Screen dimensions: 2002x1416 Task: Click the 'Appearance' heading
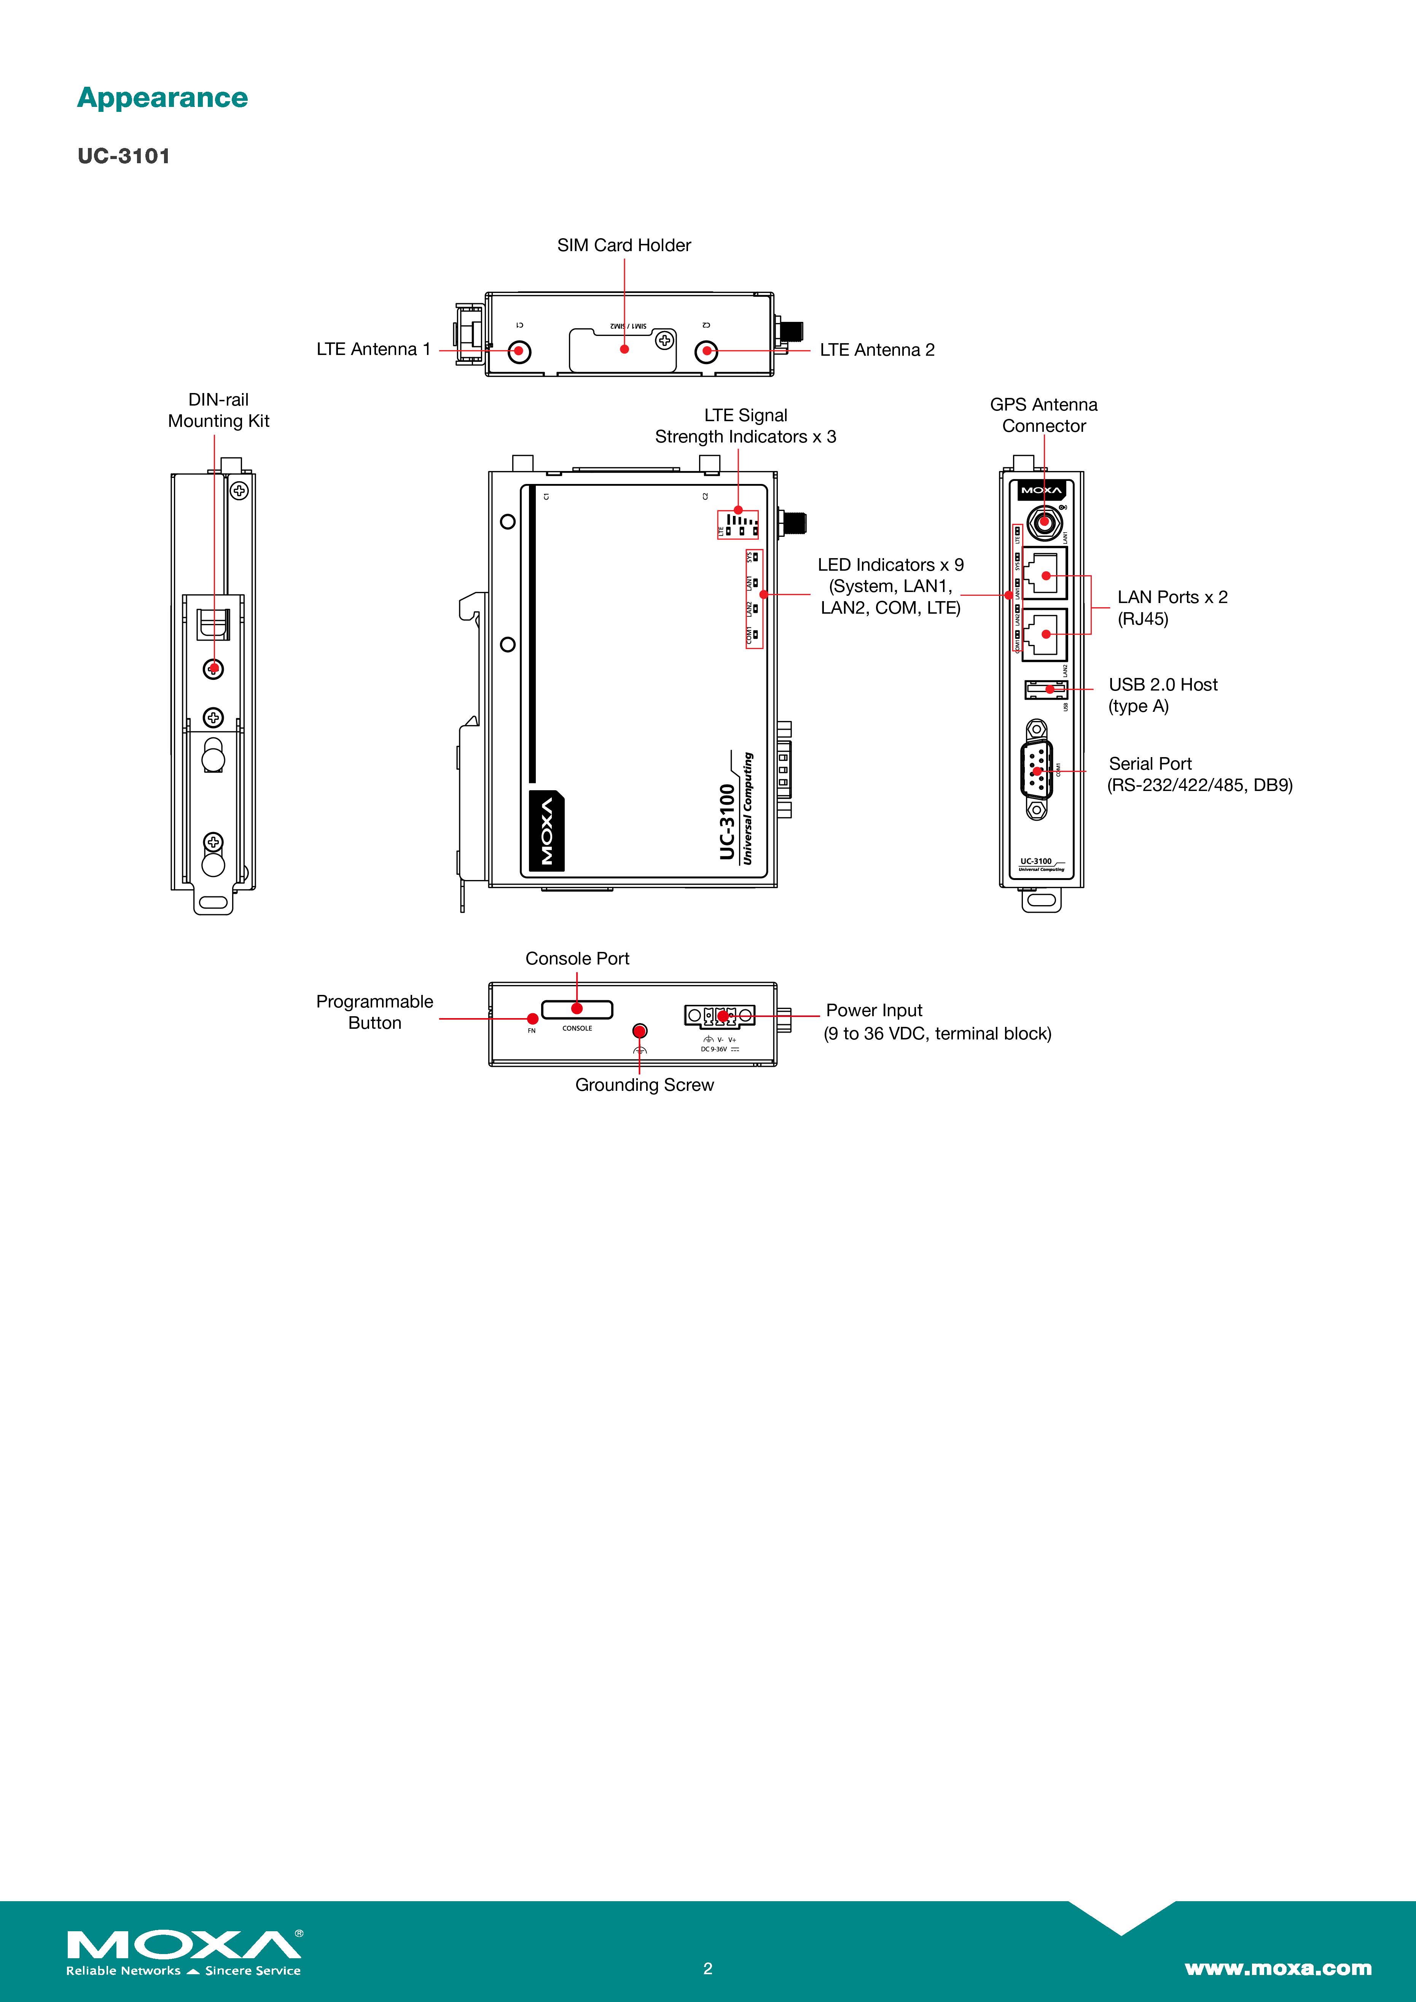(162, 98)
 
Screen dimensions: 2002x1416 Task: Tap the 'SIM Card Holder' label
(623, 245)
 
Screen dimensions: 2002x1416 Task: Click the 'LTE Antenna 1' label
(373, 349)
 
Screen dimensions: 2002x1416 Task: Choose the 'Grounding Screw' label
(644, 1085)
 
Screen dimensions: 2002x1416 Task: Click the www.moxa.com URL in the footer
(1277, 1968)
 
